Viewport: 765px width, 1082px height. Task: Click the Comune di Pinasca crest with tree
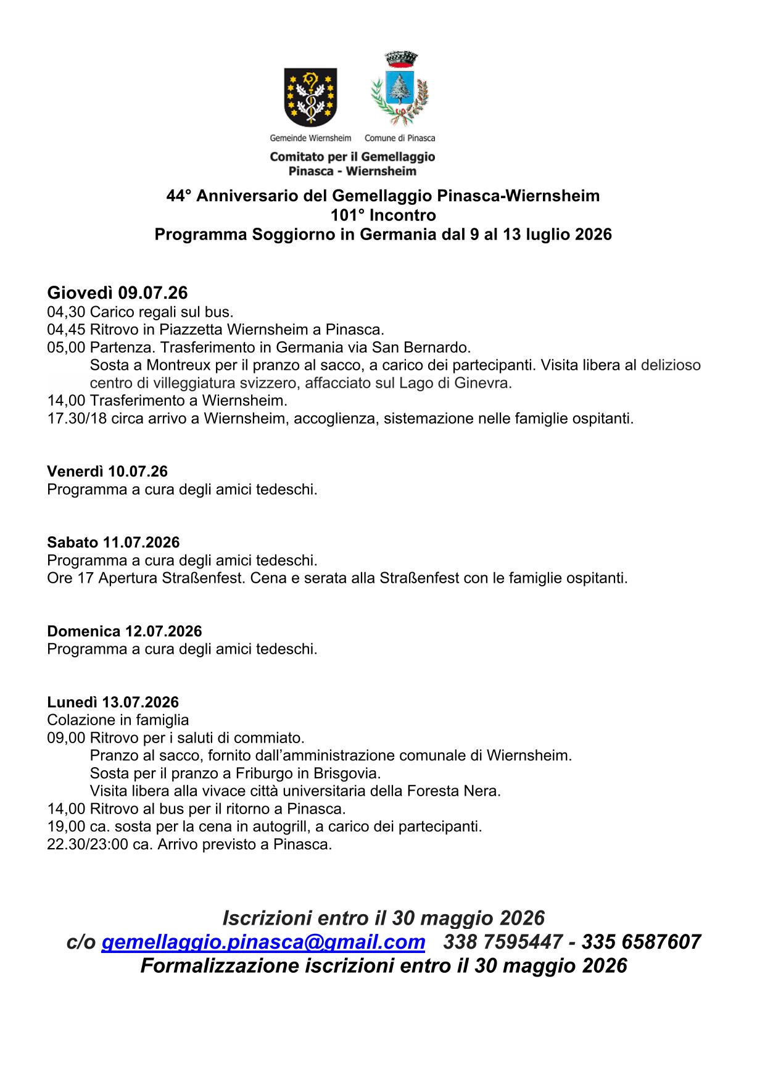[399, 90]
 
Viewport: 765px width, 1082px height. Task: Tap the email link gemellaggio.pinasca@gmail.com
[263, 942]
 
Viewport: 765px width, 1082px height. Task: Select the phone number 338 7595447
[503, 942]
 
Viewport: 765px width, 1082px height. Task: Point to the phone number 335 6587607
[641, 942]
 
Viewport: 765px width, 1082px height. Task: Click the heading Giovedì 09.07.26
[117, 293]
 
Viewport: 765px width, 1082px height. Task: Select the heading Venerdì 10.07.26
[107, 472]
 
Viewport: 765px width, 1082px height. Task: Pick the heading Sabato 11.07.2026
[114, 543]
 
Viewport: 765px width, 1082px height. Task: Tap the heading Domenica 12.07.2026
[125, 631]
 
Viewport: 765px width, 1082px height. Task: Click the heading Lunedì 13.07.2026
[113, 702]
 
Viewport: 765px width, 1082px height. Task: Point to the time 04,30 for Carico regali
[66, 312]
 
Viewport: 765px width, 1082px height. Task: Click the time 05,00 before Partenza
[66, 347]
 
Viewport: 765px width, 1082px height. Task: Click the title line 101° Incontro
[383, 215]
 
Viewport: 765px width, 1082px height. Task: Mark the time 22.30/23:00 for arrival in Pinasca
[88, 844]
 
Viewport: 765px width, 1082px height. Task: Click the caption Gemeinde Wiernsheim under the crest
[310, 138]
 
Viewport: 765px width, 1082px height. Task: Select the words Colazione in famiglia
[118, 720]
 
